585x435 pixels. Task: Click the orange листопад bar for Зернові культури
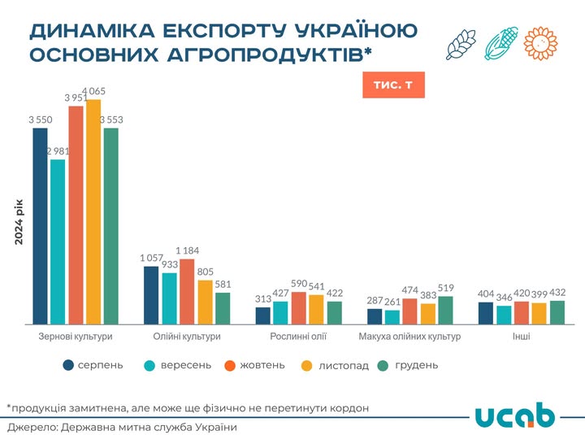(x=93, y=211)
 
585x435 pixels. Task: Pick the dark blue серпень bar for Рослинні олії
(x=263, y=315)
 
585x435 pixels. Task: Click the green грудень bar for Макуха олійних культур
(x=445, y=310)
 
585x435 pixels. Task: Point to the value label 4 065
(x=93, y=91)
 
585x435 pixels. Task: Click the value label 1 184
(x=187, y=250)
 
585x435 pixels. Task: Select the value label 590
(x=299, y=283)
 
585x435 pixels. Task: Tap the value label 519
(x=445, y=288)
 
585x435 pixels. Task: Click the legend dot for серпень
(x=69, y=365)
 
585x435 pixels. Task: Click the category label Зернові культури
(x=76, y=336)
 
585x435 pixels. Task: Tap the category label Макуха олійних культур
(x=409, y=336)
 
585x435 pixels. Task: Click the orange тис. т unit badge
(x=393, y=85)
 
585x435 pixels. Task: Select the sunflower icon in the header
(x=541, y=43)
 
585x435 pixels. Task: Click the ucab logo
(x=514, y=415)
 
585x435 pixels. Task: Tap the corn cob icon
(x=502, y=44)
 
